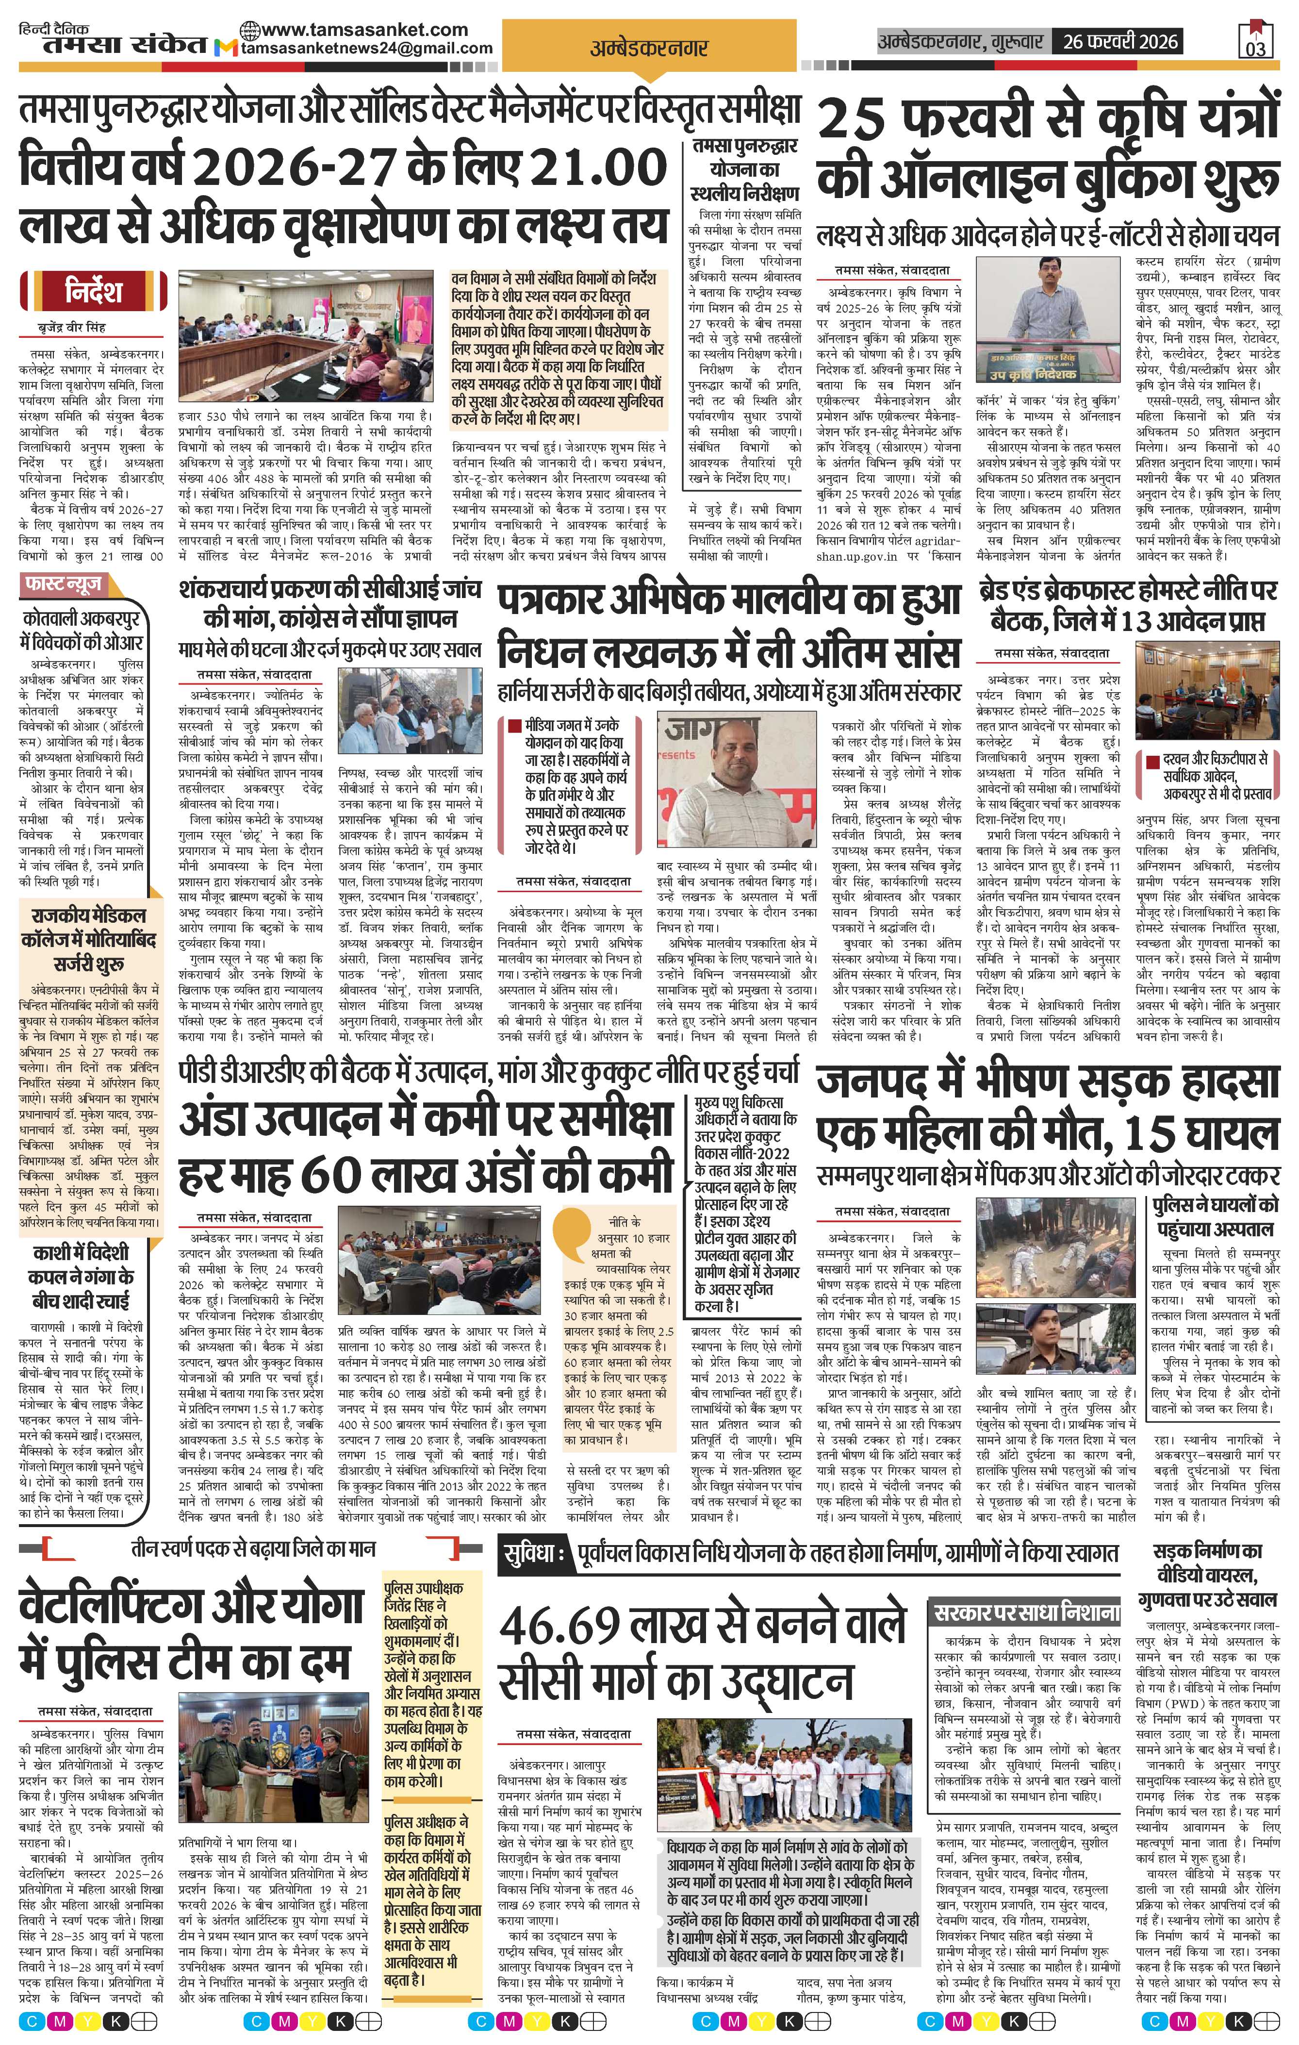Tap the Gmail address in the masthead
pos(367,49)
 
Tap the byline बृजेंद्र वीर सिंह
pos(72,327)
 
